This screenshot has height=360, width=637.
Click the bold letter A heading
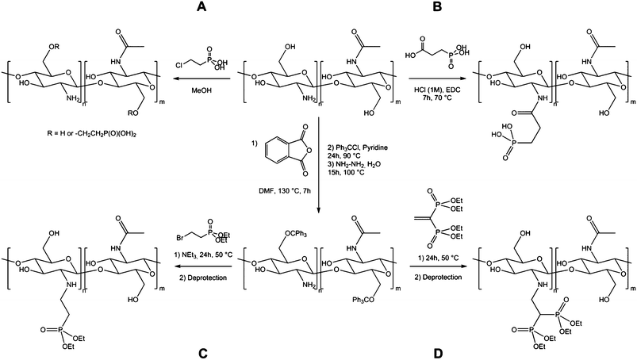[x=201, y=7]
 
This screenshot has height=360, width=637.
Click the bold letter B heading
[x=437, y=7]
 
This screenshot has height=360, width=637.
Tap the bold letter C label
[x=203, y=354]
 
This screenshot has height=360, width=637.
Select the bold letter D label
[x=438, y=354]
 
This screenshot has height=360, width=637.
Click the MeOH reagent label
[x=201, y=90]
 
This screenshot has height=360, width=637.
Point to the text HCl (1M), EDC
[x=438, y=90]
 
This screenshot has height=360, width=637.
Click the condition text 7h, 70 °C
[x=438, y=98]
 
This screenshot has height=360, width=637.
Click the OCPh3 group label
[x=293, y=234]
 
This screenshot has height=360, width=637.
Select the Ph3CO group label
[x=363, y=300]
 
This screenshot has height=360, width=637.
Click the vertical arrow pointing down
[x=318, y=165]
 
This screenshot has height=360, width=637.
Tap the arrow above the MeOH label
[x=201, y=79]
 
